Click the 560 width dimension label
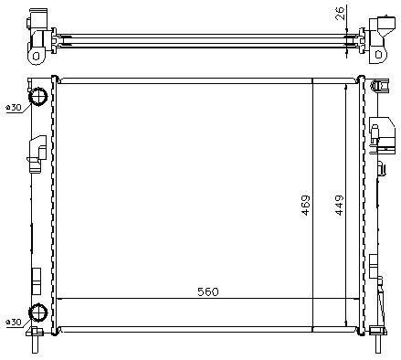208,291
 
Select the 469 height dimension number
305,206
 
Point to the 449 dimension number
339,206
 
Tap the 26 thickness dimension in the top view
340,13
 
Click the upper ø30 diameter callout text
14,107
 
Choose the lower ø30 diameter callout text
14,322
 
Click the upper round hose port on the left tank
38,97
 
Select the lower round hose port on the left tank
38,312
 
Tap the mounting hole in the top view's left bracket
36,57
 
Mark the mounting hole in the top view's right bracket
378,55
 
